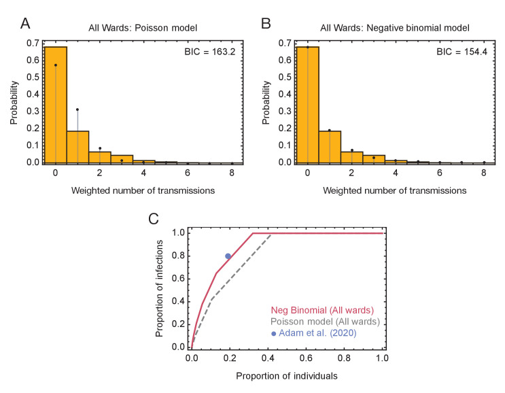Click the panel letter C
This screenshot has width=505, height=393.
154,219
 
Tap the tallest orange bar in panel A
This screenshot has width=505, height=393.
55,105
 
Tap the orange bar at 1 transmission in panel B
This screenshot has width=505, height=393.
330,147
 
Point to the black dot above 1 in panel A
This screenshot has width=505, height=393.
77,109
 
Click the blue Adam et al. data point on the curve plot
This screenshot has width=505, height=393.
228,256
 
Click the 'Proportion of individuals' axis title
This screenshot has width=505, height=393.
287,375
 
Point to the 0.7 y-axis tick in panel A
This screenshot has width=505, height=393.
33,43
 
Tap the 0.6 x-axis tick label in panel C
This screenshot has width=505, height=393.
307,357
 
